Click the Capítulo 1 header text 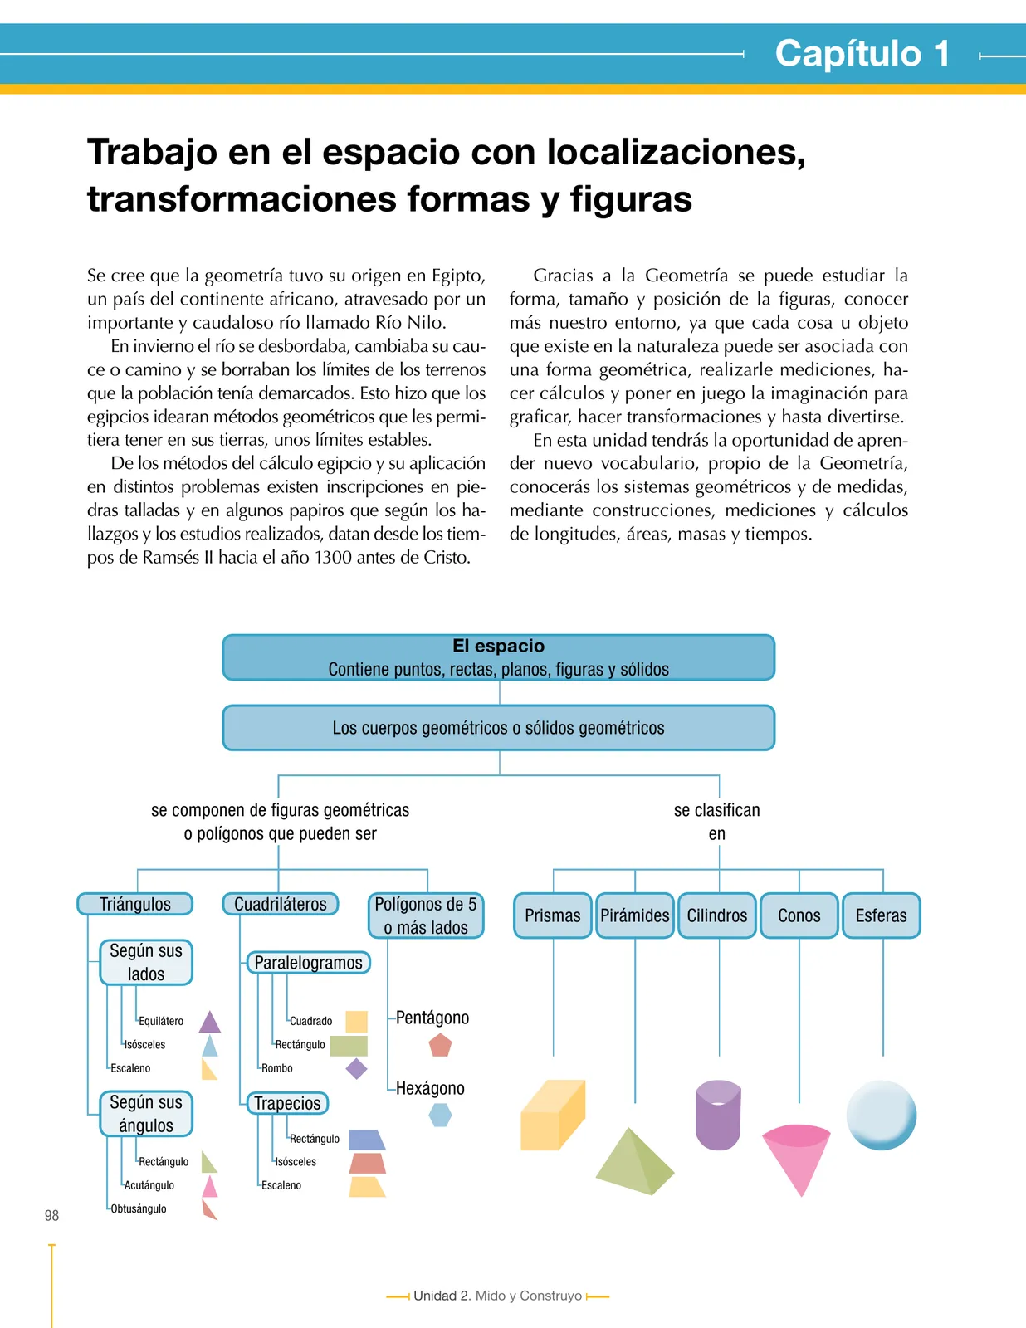pos(862,53)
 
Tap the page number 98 pos(52,1216)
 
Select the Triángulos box pos(135,904)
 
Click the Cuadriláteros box pos(281,904)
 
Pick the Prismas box pos(552,915)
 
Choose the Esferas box pos(882,915)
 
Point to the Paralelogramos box pos(309,963)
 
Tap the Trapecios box pos(287,1103)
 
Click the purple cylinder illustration pos(718,1116)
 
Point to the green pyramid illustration pos(635,1162)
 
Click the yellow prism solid pos(552,1116)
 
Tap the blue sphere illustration pos(882,1116)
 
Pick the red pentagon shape pos(440,1045)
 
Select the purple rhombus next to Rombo pos(356,1069)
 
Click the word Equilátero pos(161,1021)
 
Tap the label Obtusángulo pos(138,1208)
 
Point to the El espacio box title pos(499,646)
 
